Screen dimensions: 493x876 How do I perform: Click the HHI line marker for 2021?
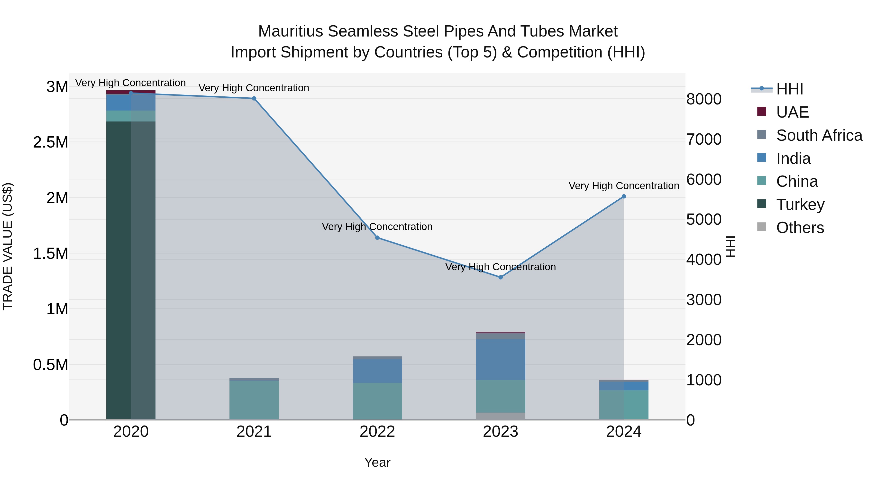(254, 99)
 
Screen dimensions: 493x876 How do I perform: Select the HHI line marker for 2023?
(501, 277)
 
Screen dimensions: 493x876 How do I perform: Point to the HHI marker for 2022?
(377, 238)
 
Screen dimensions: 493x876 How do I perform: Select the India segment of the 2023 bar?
(501, 359)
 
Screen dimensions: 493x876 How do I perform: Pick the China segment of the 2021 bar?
(254, 400)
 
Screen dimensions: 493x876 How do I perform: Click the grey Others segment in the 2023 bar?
(501, 416)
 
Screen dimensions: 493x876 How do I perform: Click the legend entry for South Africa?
(819, 135)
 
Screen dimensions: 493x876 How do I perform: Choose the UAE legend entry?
(792, 112)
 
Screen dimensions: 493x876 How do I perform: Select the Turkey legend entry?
(800, 205)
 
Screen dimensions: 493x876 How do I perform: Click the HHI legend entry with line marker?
(789, 89)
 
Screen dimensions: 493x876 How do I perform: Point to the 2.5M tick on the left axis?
(50, 142)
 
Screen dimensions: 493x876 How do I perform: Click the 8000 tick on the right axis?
(703, 99)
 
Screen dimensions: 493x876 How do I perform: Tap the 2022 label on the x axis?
(377, 432)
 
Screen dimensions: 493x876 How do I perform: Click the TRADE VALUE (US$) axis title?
(8, 246)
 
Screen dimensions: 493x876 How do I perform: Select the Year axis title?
(377, 462)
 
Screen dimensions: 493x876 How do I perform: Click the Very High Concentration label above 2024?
(624, 186)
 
